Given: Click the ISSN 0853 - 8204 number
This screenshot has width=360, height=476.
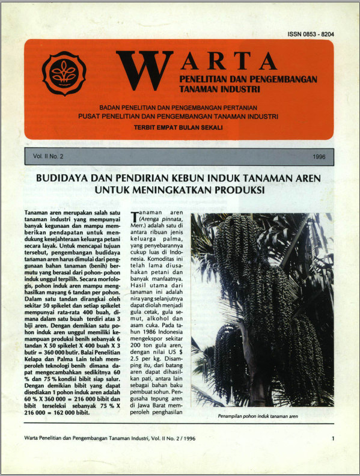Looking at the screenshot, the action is [x=310, y=34].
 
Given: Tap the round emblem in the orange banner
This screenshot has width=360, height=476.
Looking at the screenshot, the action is [x=63, y=75].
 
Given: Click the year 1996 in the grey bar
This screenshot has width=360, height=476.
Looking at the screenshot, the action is [x=319, y=156].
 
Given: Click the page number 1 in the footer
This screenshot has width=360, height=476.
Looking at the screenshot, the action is [x=332, y=439].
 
